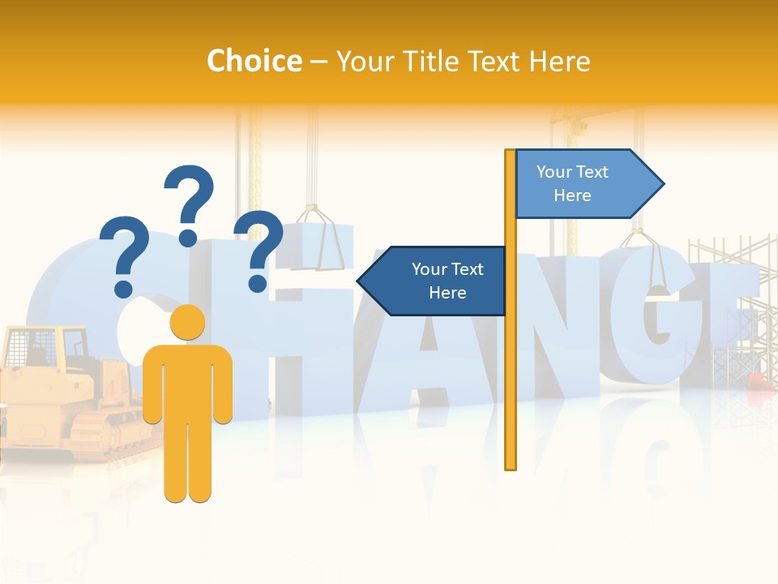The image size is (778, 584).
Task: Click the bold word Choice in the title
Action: (254, 61)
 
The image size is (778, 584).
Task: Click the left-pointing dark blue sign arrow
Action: (434, 281)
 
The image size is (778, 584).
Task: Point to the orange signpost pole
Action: (511, 365)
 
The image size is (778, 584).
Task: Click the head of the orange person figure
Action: (187, 322)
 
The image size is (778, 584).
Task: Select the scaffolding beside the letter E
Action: (729, 308)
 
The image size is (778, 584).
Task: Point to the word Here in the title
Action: (560, 61)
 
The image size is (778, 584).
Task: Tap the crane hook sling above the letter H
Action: (320, 239)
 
